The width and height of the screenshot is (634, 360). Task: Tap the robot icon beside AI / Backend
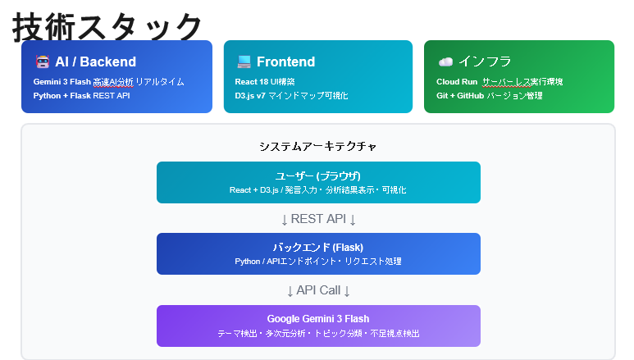43,62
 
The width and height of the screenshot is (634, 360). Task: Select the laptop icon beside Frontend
244,62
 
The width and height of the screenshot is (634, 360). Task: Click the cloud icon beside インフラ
445,62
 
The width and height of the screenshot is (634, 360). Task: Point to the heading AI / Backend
95,62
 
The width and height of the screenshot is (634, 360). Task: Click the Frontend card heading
285,62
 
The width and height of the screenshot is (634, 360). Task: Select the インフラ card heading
486,62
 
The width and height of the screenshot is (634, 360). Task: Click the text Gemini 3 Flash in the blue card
62,82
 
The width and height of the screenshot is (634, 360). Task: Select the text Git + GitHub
460,96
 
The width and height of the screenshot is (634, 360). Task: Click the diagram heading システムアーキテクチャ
318,147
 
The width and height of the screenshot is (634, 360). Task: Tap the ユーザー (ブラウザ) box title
318,175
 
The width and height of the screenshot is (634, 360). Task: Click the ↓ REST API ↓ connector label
318,219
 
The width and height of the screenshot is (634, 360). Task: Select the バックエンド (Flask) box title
318,247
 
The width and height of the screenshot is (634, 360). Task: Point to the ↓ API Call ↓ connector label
318,290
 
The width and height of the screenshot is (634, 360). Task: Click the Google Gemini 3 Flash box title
318,318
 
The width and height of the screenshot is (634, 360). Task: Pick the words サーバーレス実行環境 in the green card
522,82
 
